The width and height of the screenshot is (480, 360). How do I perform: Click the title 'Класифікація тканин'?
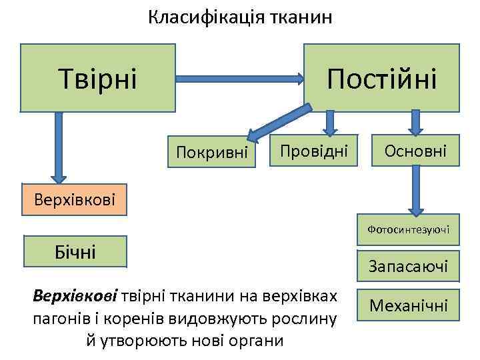coord(240,18)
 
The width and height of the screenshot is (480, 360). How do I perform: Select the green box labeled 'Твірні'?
coord(98,77)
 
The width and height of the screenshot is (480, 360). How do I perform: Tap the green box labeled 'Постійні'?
coord(381,77)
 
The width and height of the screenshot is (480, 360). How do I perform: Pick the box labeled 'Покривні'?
coord(211,153)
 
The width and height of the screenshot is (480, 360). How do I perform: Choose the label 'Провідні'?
coord(313,151)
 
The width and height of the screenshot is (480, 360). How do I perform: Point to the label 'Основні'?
coord(415,151)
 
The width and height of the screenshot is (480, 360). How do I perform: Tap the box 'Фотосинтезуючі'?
coord(408,229)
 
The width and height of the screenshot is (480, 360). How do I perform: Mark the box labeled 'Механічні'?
coord(409,306)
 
